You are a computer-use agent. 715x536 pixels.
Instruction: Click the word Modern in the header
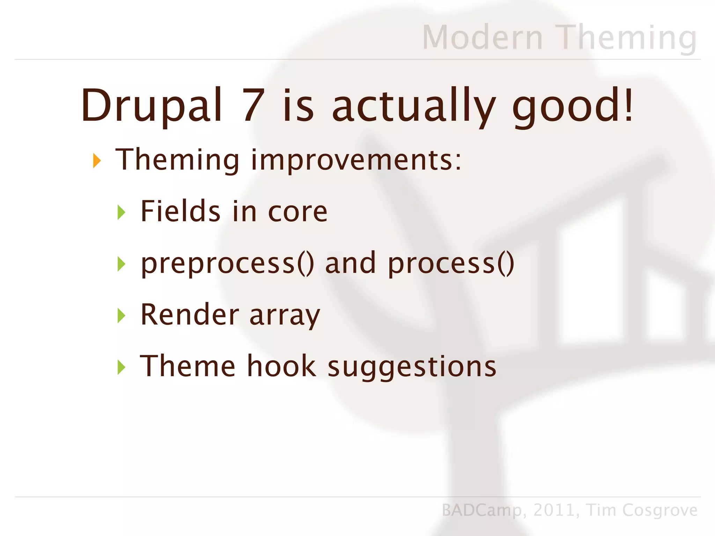[482, 37]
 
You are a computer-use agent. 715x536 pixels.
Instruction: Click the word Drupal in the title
[152, 106]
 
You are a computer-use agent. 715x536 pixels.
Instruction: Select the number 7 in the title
[253, 105]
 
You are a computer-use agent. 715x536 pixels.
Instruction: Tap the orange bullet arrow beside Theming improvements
[97, 161]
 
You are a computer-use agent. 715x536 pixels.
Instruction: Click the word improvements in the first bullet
[356, 161]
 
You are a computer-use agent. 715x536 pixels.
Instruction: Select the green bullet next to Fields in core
[121, 212]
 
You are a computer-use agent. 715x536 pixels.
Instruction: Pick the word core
[297, 212]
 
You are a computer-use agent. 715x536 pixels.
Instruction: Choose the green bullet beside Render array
[121, 315]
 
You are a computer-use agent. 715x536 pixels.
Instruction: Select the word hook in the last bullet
[281, 366]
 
